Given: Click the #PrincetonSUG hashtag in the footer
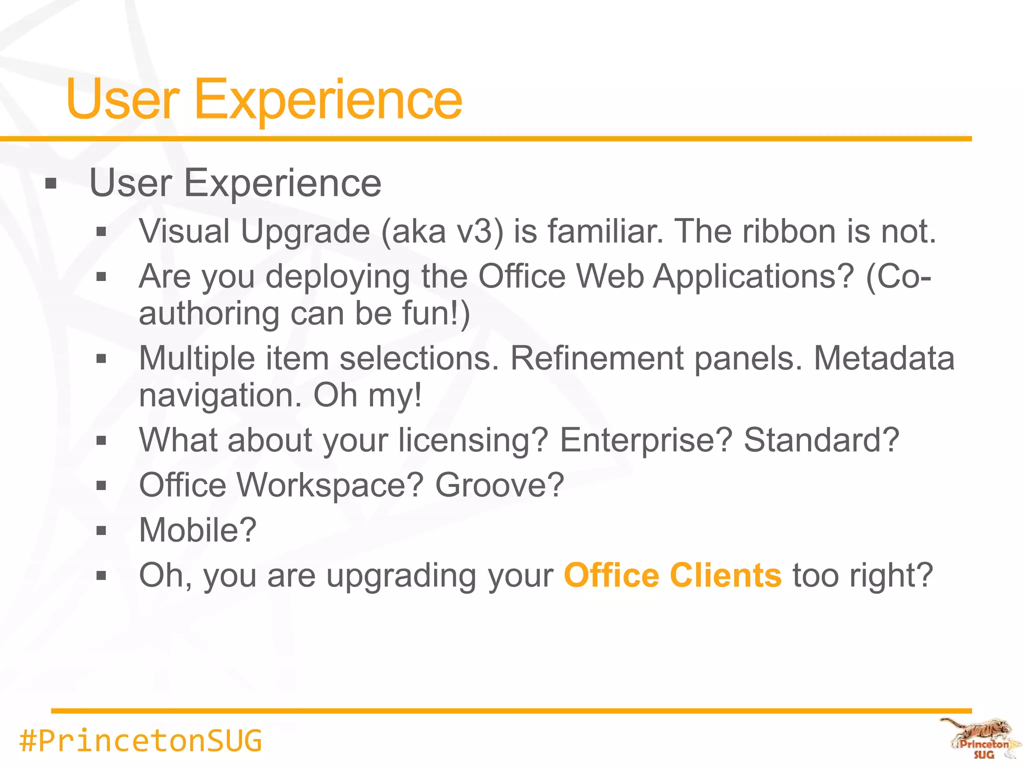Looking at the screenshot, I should [x=140, y=740].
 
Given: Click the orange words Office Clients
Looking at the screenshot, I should [x=672, y=575].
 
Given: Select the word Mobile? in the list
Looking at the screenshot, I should [x=198, y=530].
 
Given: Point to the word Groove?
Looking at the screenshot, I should [x=500, y=485].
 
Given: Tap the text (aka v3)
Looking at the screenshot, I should [x=443, y=231].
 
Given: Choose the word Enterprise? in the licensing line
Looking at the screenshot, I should [x=646, y=440].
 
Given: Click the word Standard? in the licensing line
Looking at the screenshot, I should [x=821, y=440].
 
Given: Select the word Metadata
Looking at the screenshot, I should [x=884, y=358].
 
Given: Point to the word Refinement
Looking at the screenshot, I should [x=596, y=358].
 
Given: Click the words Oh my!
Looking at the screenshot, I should [x=368, y=395].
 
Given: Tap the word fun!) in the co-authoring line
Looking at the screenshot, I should [x=436, y=313].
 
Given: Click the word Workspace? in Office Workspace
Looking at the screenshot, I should [x=330, y=485].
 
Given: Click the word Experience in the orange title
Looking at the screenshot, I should [x=328, y=100].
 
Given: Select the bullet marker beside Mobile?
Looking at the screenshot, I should [x=101, y=531].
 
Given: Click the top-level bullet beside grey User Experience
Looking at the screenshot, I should [x=51, y=184].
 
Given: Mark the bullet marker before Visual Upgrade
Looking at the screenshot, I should [x=101, y=232].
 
